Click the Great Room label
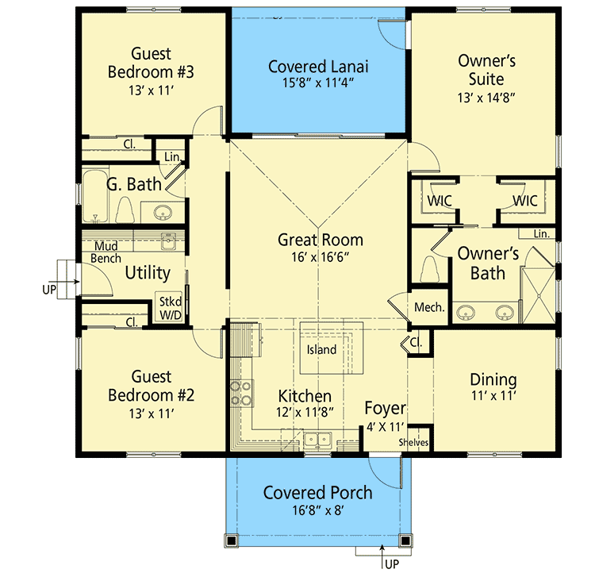click(x=321, y=240)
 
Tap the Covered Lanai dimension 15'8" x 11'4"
click(x=318, y=83)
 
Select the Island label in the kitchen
click(x=321, y=349)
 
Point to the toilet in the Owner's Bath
click(x=429, y=269)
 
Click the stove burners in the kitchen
click(x=241, y=394)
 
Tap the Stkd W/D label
click(x=171, y=309)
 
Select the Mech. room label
click(x=429, y=307)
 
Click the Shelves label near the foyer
click(x=413, y=442)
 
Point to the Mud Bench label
click(x=106, y=252)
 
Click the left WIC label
click(x=440, y=201)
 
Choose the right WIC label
click(x=525, y=201)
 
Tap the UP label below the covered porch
click(x=392, y=564)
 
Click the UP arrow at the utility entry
click(x=70, y=282)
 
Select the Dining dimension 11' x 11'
click(x=493, y=396)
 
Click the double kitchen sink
click(x=317, y=440)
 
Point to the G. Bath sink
click(x=163, y=213)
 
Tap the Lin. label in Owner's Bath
click(x=541, y=234)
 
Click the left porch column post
click(x=231, y=540)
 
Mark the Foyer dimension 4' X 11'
click(x=385, y=427)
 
